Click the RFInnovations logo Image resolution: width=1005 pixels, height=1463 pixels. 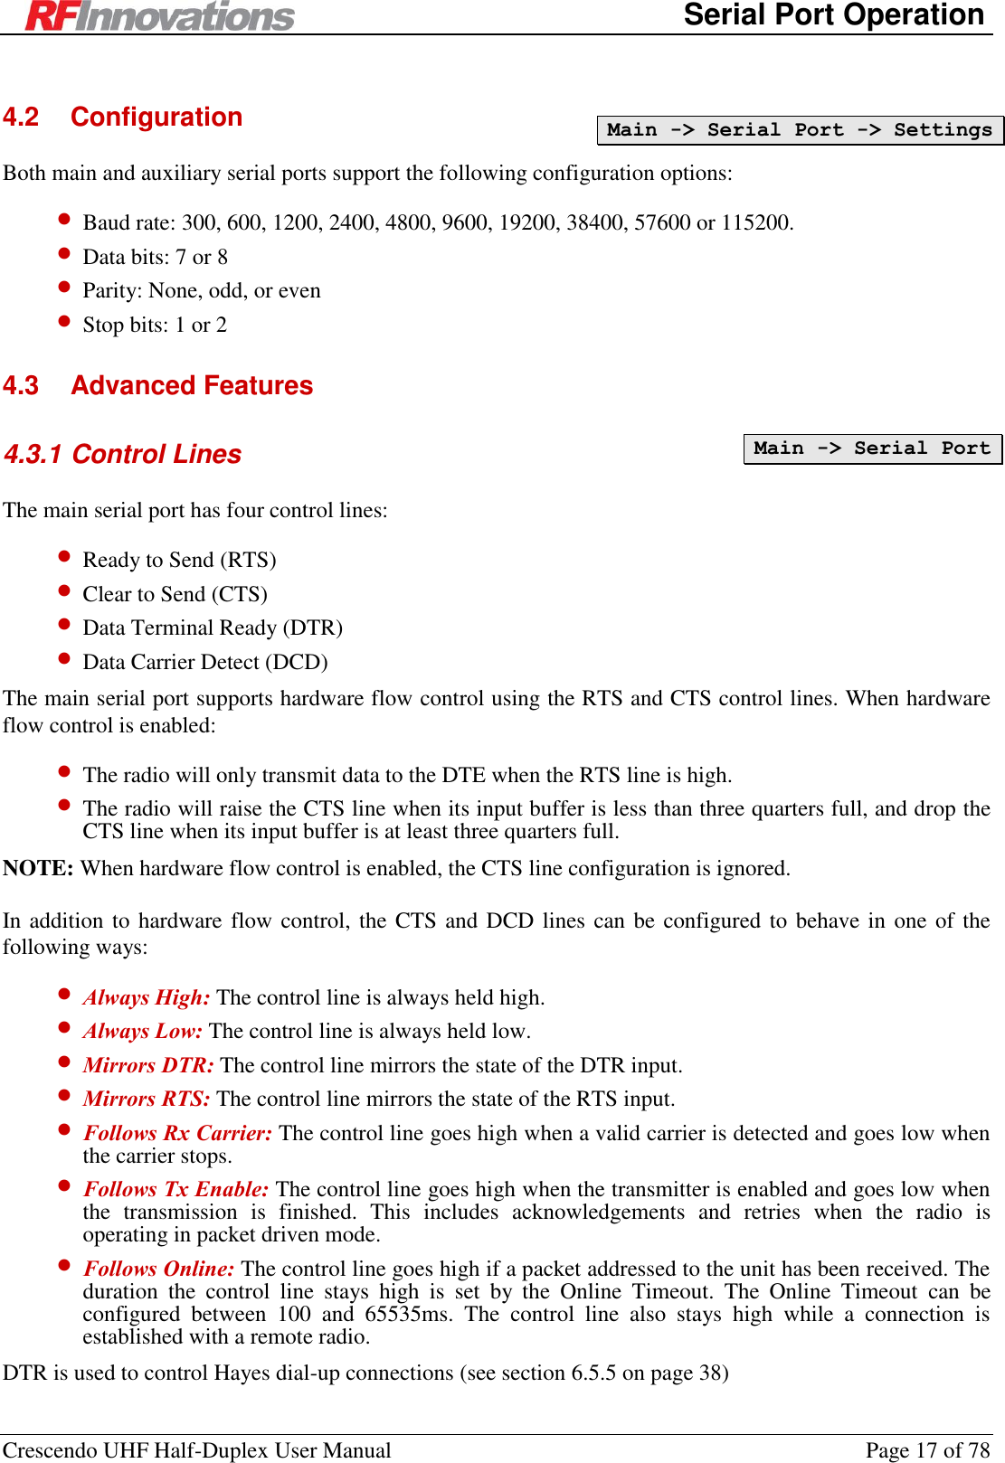(x=160, y=15)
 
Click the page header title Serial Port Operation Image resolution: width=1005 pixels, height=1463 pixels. (x=833, y=15)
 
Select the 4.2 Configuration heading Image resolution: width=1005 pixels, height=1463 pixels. (x=123, y=118)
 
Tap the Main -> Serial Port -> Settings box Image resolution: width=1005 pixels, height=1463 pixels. (x=800, y=130)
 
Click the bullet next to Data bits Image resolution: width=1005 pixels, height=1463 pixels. (x=64, y=253)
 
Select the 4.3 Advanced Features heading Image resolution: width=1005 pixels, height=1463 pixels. (x=158, y=386)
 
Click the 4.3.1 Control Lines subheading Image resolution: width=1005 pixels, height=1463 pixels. (x=123, y=454)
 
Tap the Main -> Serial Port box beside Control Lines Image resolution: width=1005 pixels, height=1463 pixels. (x=872, y=448)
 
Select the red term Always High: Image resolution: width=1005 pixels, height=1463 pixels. (x=147, y=998)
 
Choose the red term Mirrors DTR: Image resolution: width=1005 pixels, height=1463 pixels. (x=148, y=1066)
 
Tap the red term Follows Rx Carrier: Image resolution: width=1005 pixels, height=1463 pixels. (x=177, y=1134)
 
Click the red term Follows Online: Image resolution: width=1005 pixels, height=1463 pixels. (x=158, y=1270)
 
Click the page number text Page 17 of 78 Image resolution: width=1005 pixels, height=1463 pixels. (x=927, y=1450)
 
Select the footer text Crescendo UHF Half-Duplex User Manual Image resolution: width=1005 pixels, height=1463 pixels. (x=197, y=1450)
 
